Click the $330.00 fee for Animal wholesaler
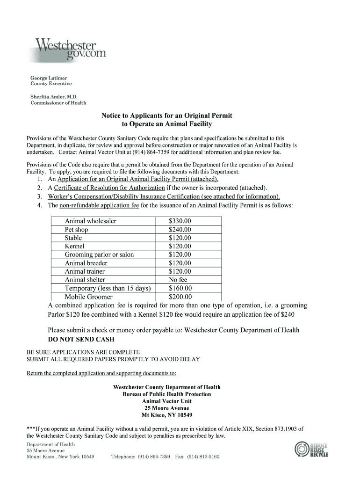click(180, 221)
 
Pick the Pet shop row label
click(76, 230)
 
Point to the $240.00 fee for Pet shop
click(180, 230)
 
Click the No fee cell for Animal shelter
click(178, 280)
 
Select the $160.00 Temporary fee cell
click(180, 288)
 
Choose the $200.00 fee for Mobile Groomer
click(180, 297)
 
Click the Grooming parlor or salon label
click(99, 254)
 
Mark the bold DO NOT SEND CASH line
click(81, 339)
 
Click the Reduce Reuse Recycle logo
click(311, 450)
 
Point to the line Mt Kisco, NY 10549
click(167, 415)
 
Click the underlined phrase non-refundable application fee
click(99, 205)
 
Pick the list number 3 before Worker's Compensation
click(40, 196)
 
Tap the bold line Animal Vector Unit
click(167, 401)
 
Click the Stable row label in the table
click(73, 238)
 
